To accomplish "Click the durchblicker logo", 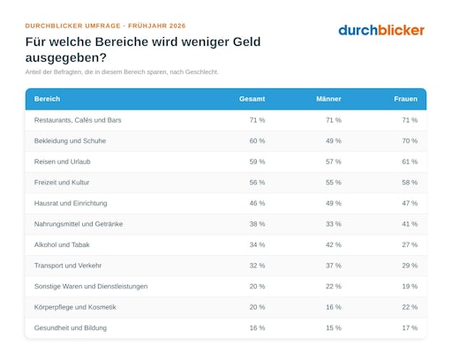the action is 381,30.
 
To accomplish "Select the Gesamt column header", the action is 252,99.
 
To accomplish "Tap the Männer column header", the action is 328,99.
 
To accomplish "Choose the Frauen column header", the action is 405,99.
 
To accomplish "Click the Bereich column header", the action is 47,99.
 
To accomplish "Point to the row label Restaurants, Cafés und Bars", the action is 78,120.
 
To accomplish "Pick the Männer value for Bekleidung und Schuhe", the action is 334,141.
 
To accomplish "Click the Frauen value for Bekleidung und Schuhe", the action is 410,141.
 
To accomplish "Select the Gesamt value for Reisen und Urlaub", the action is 257,161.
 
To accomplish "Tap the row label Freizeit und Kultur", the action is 62,183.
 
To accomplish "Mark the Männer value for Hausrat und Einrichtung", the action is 334,203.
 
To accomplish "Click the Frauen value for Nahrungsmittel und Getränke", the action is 410,224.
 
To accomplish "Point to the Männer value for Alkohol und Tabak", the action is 334,244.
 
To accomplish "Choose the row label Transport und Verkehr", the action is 68,266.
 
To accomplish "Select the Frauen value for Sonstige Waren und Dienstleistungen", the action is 410,287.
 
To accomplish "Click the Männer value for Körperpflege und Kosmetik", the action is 334,307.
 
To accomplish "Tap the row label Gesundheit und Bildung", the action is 71,328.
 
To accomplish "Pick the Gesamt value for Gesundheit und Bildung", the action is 257,328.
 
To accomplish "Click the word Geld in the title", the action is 246,41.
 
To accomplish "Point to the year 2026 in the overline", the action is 177,26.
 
